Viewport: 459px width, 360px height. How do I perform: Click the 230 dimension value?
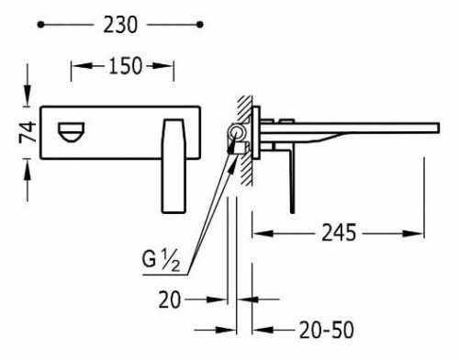(120, 25)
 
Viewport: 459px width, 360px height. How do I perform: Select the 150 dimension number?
(126, 65)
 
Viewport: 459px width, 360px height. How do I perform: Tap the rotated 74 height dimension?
(28, 132)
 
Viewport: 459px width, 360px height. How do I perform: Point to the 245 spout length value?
(339, 232)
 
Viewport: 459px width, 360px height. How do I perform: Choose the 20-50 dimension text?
(326, 330)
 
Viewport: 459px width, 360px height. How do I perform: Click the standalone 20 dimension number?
(170, 299)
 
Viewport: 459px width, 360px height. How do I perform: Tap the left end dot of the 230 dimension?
(40, 25)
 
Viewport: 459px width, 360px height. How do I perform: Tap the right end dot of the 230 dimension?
(200, 25)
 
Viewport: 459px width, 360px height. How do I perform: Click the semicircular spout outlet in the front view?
(71, 132)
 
